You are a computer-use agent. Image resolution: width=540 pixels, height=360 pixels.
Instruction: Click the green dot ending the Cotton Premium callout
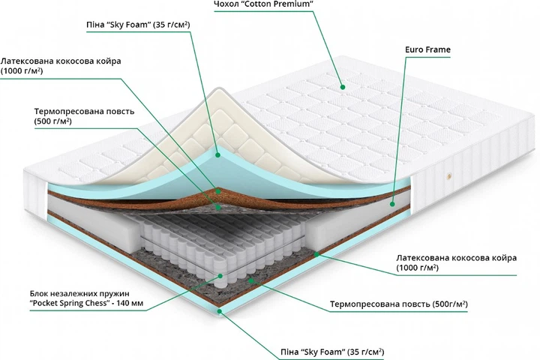click(x=342, y=84)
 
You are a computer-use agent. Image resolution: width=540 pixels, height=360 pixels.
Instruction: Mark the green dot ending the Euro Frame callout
click(x=393, y=201)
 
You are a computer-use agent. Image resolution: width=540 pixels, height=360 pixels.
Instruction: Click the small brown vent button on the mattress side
click(x=450, y=177)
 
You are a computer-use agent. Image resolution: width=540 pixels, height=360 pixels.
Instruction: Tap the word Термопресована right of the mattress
click(x=363, y=304)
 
